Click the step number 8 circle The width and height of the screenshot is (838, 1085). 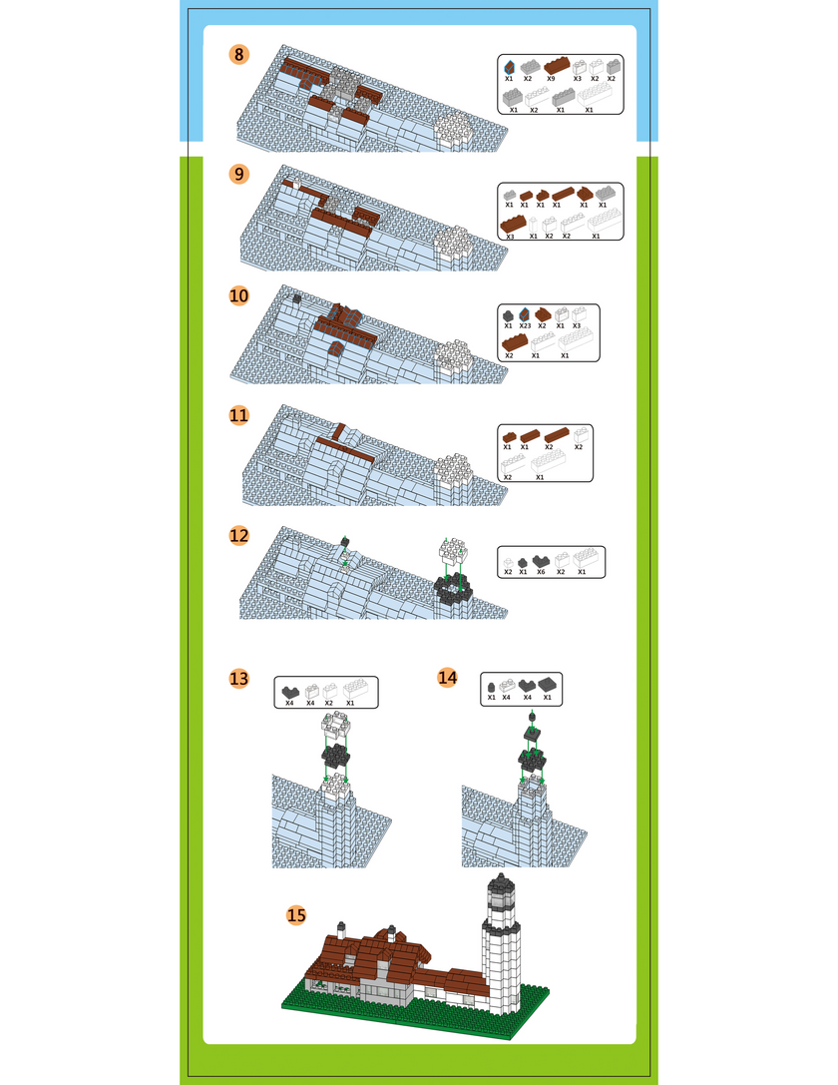point(238,54)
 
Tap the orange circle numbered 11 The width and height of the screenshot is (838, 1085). point(238,415)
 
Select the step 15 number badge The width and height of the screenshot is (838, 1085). point(296,914)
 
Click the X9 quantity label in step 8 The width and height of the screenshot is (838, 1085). point(551,79)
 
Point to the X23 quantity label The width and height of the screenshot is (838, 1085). point(525,326)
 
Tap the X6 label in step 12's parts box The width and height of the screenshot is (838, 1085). point(541,572)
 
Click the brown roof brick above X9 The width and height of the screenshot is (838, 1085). point(557,67)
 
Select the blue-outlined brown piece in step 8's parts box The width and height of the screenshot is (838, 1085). point(509,67)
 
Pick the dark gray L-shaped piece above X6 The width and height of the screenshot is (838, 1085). point(541,561)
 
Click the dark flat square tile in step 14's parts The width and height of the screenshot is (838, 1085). point(549,685)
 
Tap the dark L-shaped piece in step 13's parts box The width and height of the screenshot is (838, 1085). point(290,692)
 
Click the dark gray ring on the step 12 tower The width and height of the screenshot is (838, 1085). point(454,590)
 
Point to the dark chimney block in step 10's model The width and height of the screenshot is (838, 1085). point(296,298)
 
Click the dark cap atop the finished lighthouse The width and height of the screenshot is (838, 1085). point(498,883)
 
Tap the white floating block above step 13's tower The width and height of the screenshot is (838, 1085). point(336,727)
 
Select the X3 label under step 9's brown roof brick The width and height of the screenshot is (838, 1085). point(510,237)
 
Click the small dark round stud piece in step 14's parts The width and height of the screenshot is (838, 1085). point(492,687)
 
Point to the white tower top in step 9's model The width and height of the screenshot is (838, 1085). point(453,243)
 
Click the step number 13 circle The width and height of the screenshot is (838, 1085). point(238,678)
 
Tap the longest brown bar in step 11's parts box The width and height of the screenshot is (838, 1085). point(557,434)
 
